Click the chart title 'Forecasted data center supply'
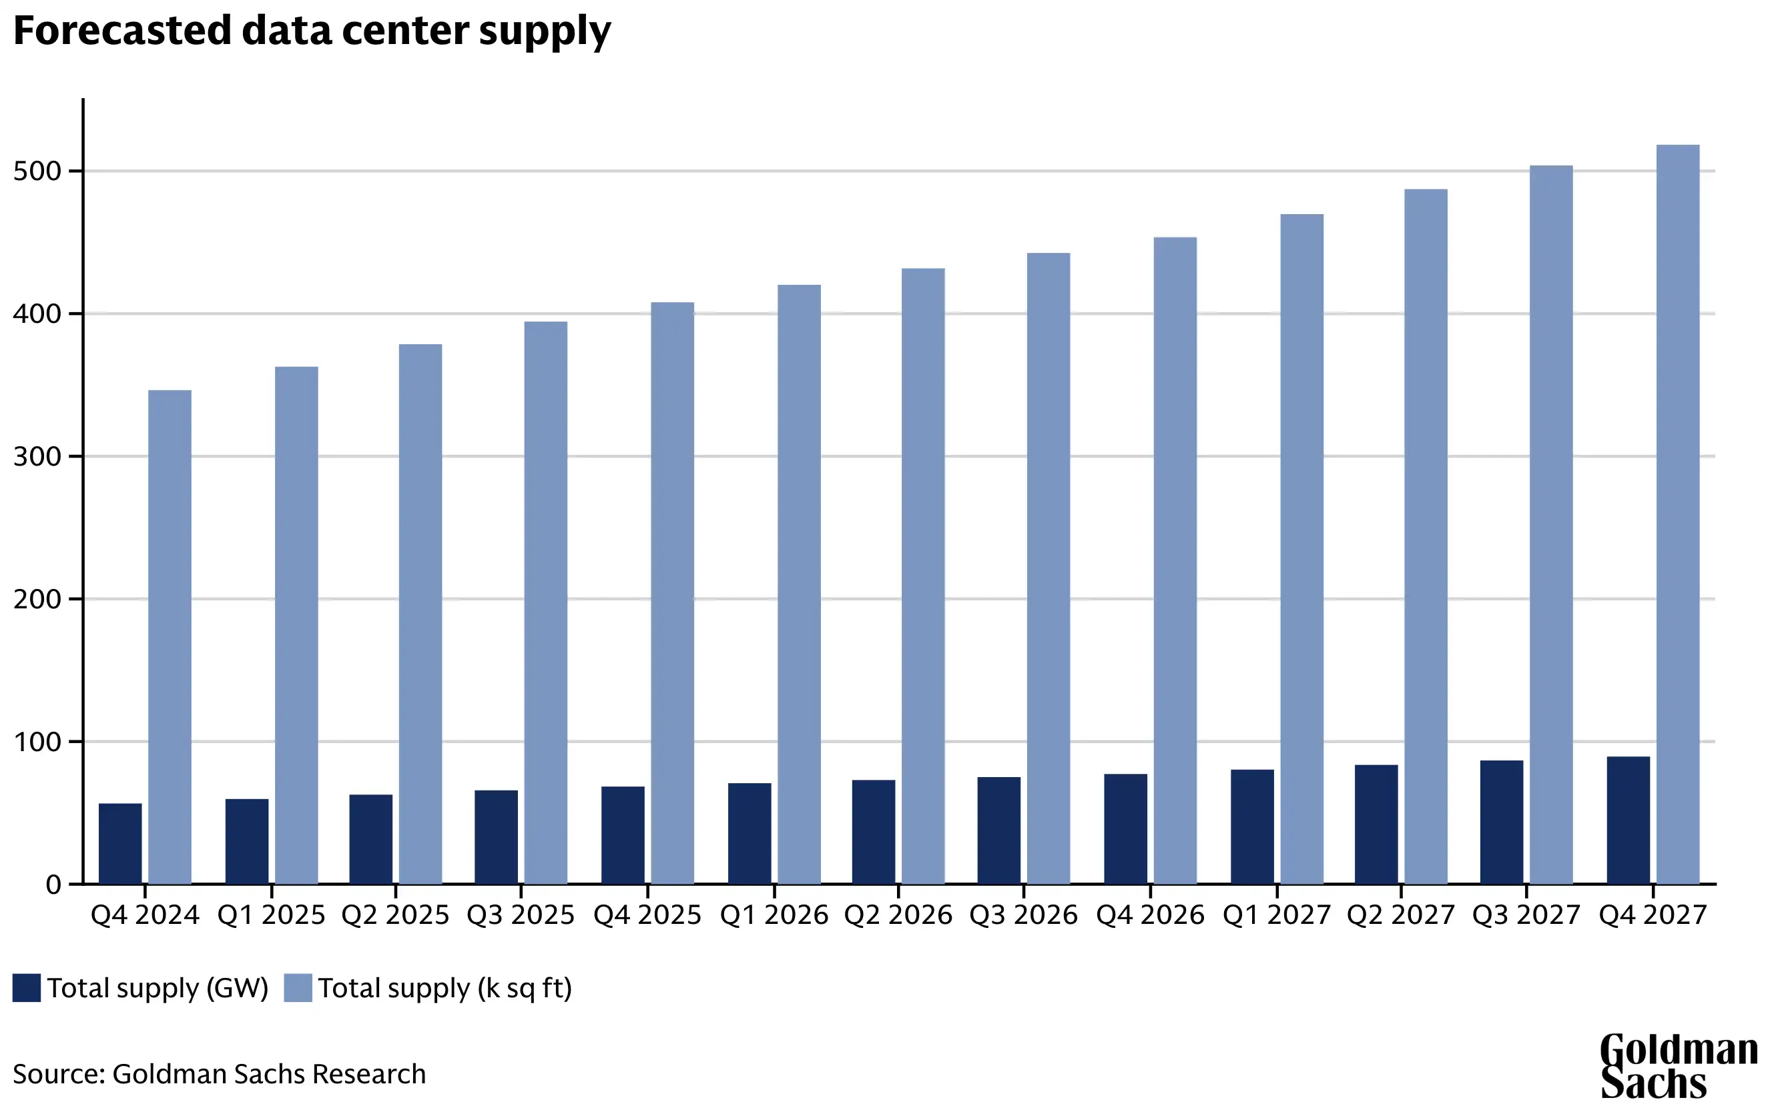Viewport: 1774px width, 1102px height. point(312,31)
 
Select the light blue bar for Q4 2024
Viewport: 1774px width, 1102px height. point(170,637)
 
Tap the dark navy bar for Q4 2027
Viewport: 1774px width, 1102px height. point(1629,820)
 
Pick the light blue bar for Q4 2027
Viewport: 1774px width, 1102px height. point(1678,514)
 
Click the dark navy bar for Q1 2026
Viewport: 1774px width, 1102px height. point(750,834)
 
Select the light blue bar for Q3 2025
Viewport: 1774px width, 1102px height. point(545,603)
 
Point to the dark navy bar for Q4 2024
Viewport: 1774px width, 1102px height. point(120,844)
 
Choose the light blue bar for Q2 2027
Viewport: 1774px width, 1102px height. point(1426,536)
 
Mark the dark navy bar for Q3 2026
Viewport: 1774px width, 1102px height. point(999,831)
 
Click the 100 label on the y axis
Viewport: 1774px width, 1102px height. point(37,742)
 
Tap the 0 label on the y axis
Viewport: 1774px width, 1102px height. point(53,885)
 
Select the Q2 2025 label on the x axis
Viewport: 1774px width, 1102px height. point(395,915)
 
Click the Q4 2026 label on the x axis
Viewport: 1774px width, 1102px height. point(1150,915)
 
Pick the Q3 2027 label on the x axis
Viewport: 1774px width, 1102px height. point(1526,915)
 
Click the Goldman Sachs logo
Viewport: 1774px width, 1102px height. point(1677,1065)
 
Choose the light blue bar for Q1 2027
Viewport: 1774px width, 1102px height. point(1301,549)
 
